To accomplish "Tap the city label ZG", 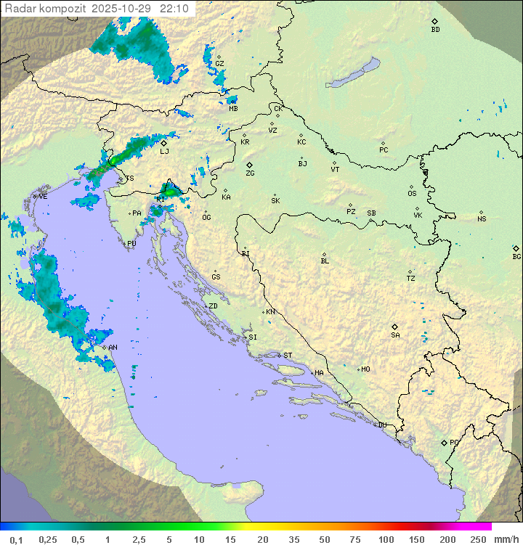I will tap(250, 173).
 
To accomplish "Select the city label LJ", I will tap(164, 151).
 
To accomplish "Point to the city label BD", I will tap(435, 30).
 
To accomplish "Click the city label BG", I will tap(516, 256).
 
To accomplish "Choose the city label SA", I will tap(395, 335).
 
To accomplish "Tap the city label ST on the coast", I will tap(288, 356).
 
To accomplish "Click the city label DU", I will tap(381, 425).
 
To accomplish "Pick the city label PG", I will tap(454, 442).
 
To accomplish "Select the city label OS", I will tap(412, 194).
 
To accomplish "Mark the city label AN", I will tap(113, 348).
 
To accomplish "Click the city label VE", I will tap(43, 197).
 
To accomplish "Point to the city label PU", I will tap(131, 244).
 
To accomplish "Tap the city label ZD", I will tap(213, 306).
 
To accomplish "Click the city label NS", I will tap(482, 219).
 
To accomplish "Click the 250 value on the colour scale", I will tap(478, 539).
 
